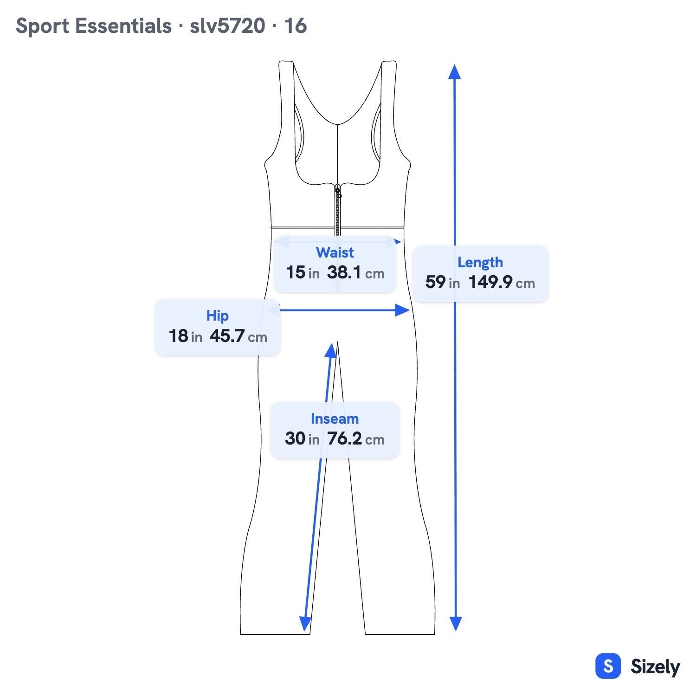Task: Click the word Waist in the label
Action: (x=335, y=252)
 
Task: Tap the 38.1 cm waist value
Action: (x=356, y=272)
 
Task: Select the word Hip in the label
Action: (x=218, y=316)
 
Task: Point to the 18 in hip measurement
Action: (x=186, y=336)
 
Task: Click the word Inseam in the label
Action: (x=335, y=419)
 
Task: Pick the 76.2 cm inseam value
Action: (x=356, y=438)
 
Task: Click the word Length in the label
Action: (x=480, y=263)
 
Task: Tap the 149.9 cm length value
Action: (x=502, y=282)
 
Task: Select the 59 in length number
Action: (x=443, y=282)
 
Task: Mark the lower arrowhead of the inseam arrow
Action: (x=305, y=625)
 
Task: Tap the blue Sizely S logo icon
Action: (x=608, y=666)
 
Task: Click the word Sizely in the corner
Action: (x=655, y=667)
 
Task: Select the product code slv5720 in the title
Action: (x=227, y=26)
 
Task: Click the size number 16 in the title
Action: (x=296, y=26)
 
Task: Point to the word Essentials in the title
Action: (x=123, y=26)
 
